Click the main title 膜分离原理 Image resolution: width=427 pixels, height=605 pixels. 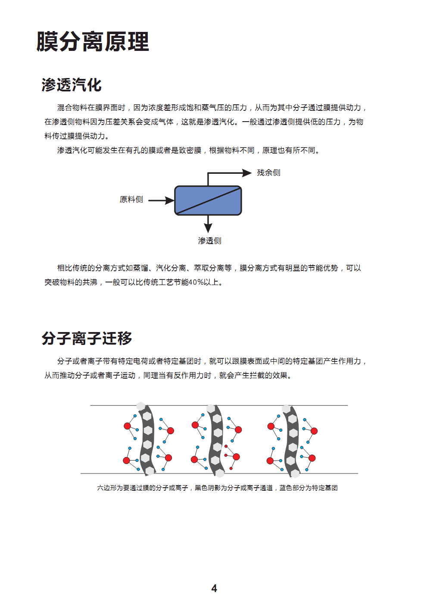click(93, 42)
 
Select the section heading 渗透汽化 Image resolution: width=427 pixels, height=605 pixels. click(72, 85)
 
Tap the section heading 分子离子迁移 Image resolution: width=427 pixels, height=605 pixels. click(87, 338)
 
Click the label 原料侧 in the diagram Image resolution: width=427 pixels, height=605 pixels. click(131, 200)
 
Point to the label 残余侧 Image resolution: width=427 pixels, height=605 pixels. click(268, 173)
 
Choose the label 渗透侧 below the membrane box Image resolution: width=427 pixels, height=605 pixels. click(209, 241)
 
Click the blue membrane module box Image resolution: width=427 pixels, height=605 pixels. click(208, 201)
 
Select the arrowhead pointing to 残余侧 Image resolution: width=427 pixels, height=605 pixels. click(247, 173)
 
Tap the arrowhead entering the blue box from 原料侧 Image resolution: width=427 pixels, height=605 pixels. click(170, 201)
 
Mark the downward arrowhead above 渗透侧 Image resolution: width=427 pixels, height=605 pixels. click(208, 228)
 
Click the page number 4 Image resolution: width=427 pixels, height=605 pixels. click(214, 589)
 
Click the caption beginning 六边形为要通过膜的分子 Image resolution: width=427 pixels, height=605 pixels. click(217, 488)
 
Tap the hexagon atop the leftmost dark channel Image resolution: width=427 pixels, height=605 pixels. click(140, 406)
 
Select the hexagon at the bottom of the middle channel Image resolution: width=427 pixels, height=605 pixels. click(220, 473)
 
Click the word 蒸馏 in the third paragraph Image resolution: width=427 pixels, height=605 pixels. click(140, 268)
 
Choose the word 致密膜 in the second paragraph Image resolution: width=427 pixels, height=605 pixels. click(190, 150)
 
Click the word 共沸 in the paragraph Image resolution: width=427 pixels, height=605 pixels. click(90, 282)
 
